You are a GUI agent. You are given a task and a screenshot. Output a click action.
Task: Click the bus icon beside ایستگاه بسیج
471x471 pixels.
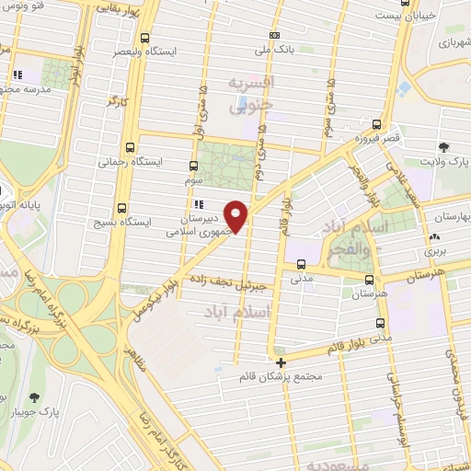click(x=122, y=208)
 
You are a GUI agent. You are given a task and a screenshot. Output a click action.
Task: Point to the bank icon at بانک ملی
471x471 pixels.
click(x=273, y=36)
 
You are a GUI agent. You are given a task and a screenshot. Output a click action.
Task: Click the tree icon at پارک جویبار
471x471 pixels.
click(x=35, y=397)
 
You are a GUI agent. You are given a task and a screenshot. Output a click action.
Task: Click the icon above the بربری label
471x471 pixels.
click(x=431, y=235)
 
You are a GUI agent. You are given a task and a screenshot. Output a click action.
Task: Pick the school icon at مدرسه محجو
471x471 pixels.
click(x=17, y=75)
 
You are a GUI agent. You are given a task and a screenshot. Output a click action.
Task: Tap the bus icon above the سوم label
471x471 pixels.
click(x=192, y=167)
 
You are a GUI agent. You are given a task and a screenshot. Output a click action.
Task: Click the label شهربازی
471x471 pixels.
click(x=453, y=42)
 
